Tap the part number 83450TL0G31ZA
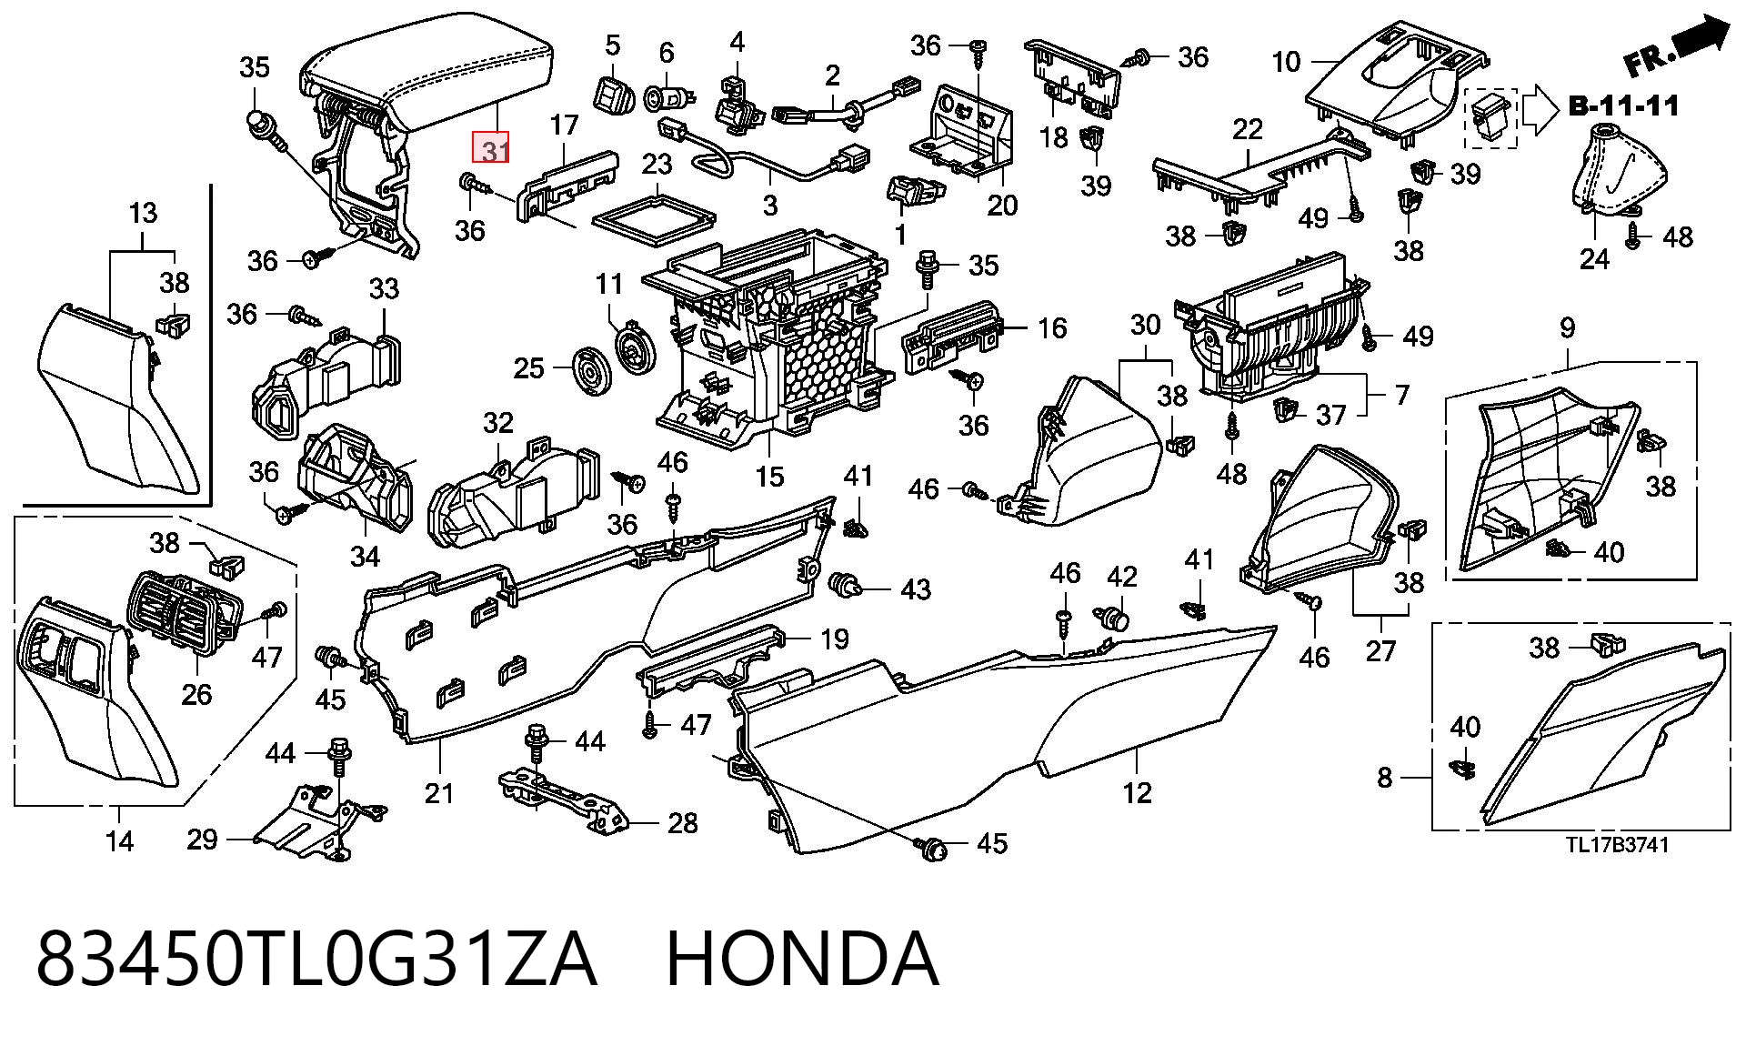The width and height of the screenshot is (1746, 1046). pyautogui.click(x=316, y=959)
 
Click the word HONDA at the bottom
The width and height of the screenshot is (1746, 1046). pyautogui.click(x=802, y=959)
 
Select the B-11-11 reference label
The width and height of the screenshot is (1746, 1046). pyautogui.click(x=1623, y=106)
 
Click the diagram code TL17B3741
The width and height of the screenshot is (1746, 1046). pyautogui.click(x=1617, y=845)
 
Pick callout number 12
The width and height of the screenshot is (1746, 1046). pyautogui.click(x=1137, y=793)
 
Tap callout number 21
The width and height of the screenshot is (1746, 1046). pyautogui.click(x=438, y=793)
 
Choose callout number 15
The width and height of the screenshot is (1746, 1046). pyautogui.click(x=769, y=476)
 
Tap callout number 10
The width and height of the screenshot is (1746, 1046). pyautogui.click(x=1286, y=62)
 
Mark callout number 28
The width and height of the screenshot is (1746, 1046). pyautogui.click(x=682, y=823)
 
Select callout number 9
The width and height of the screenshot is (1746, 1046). pyautogui.click(x=1567, y=327)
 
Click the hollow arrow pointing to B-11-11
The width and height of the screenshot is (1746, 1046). pyautogui.click(x=1543, y=110)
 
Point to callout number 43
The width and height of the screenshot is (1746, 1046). pyautogui.click(x=915, y=589)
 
